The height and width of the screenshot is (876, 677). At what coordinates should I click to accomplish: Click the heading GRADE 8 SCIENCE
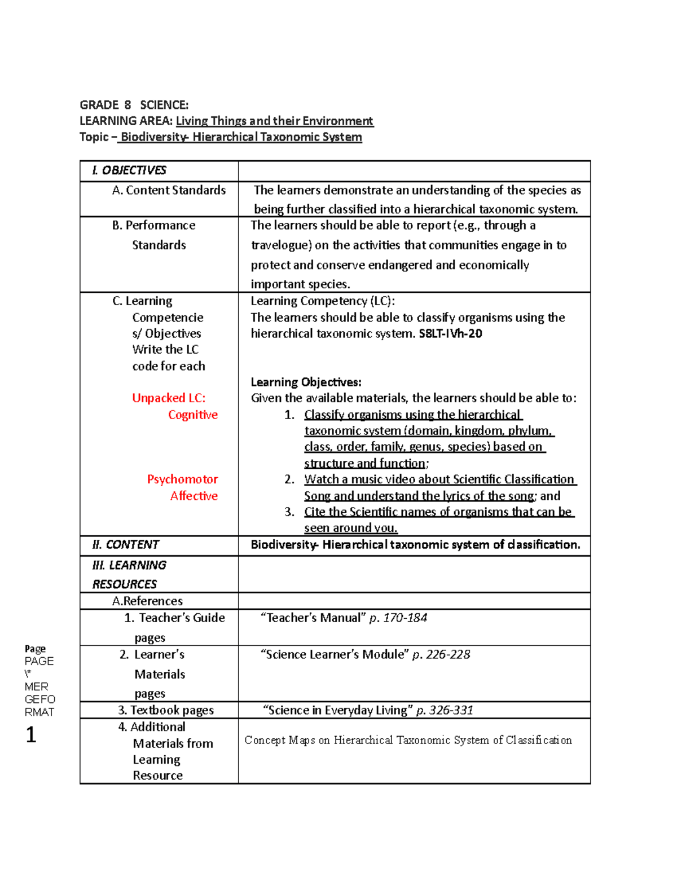(134, 105)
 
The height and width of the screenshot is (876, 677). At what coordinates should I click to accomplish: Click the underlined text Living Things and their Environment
(274, 121)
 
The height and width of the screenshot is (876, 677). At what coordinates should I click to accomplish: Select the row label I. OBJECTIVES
(129, 170)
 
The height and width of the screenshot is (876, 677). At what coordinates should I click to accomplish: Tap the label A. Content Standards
(169, 190)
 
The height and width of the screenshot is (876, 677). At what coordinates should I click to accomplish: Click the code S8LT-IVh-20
(450, 333)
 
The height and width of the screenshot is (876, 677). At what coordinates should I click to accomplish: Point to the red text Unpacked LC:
(169, 398)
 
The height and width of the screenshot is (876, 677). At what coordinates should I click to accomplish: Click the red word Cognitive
(192, 415)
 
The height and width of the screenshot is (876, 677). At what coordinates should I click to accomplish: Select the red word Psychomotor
(182, 479)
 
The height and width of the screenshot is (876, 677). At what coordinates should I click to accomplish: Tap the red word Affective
(194, 496)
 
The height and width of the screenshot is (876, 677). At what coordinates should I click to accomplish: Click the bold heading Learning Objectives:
(306, 382)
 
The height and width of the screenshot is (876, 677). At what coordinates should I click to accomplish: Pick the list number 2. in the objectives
(289, 479)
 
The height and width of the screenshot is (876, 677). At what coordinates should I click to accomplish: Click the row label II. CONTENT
(125, 544)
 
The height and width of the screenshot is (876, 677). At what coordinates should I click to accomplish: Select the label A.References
(147, 601)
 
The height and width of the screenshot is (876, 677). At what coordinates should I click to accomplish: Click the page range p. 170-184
(398, 618)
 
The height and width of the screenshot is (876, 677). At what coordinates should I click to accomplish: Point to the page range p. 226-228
(441, 654)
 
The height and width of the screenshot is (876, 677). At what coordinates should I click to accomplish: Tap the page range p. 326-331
(445, 710)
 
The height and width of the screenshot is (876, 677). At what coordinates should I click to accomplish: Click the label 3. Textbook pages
(166, 710)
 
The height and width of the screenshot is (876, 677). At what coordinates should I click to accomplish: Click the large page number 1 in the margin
(31, 734)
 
